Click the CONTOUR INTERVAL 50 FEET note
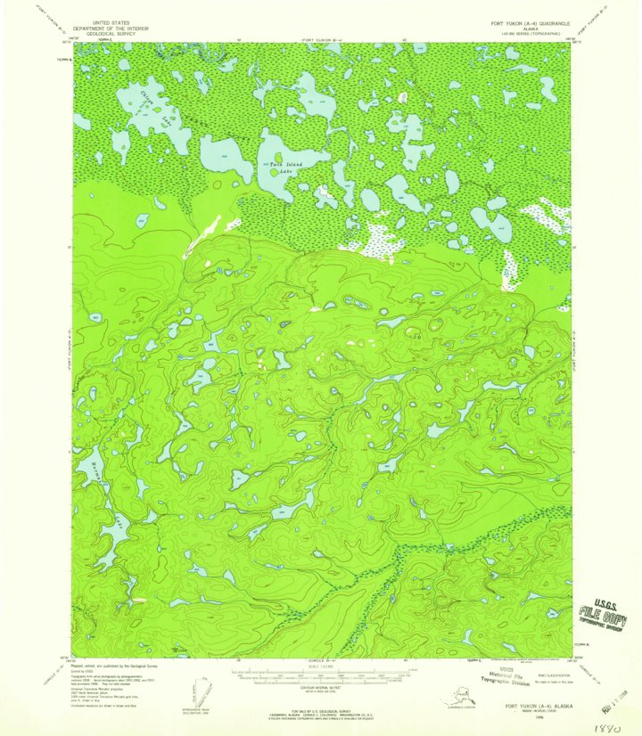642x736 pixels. [321, 689]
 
